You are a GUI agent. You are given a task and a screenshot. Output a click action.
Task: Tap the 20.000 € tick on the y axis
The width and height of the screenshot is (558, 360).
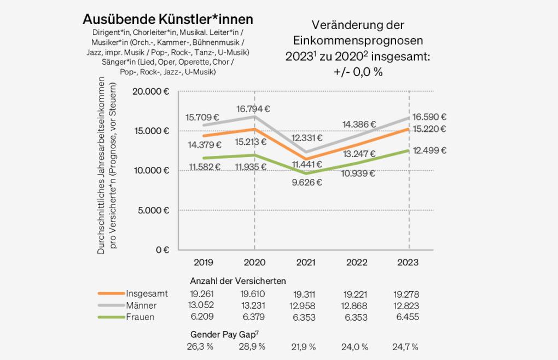(150, 91)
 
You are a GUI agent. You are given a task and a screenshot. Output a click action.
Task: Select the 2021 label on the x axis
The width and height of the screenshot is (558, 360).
(305, 263)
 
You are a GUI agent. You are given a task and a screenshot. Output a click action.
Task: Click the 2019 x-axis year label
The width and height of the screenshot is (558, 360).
(202, 263)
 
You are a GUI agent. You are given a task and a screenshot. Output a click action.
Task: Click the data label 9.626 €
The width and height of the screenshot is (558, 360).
(305, 183)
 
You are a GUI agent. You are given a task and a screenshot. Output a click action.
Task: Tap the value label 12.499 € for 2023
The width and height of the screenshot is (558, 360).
(428, 150)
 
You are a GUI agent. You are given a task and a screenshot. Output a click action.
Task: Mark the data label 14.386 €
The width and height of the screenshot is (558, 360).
(359, 124)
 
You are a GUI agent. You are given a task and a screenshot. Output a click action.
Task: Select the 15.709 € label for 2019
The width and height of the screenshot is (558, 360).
(202, 117)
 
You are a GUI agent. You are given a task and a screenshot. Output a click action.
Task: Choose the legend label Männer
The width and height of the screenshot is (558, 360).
(141, 305)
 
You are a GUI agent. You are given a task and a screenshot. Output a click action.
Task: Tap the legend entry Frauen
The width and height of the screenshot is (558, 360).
(140, 317)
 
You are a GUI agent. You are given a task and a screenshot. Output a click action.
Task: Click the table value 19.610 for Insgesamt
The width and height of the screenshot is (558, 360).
(254, 294)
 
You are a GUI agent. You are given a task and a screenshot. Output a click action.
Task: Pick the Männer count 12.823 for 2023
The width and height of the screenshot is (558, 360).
(405, 305)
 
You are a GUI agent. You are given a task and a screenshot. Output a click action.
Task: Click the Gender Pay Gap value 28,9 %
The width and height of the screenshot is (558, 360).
(254, 347)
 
